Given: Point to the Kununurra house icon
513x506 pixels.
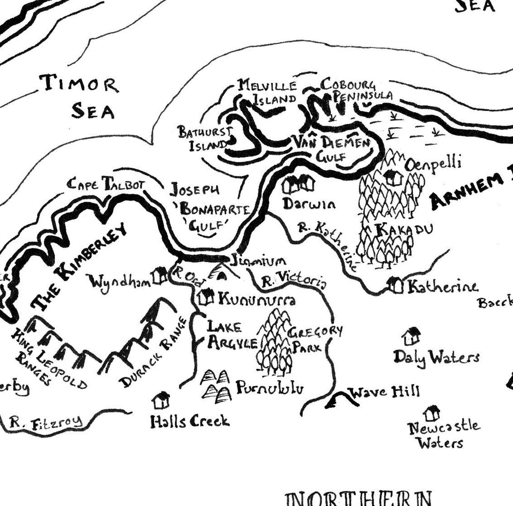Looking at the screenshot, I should click(x=206, y=297).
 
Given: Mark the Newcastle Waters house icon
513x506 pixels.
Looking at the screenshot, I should click(x=432, y=413).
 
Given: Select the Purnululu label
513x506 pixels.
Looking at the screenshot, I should click(x=270, y=388).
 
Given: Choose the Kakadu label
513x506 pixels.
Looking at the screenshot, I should click(x=404, y=229).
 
